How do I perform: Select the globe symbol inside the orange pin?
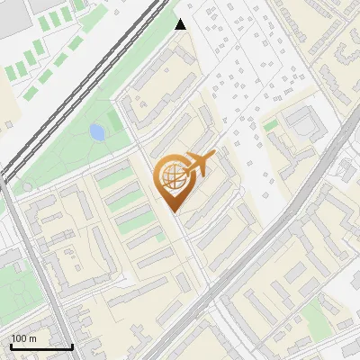tap(172, 178)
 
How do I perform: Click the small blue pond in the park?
tap(96, 133)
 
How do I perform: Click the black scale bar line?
tap(40, 346)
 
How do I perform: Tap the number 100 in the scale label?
tap(19, 338)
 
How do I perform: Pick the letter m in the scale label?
tap(31, 338)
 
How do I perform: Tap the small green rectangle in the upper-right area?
tap(270, 125)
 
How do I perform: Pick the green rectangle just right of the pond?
tap(114, 121)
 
